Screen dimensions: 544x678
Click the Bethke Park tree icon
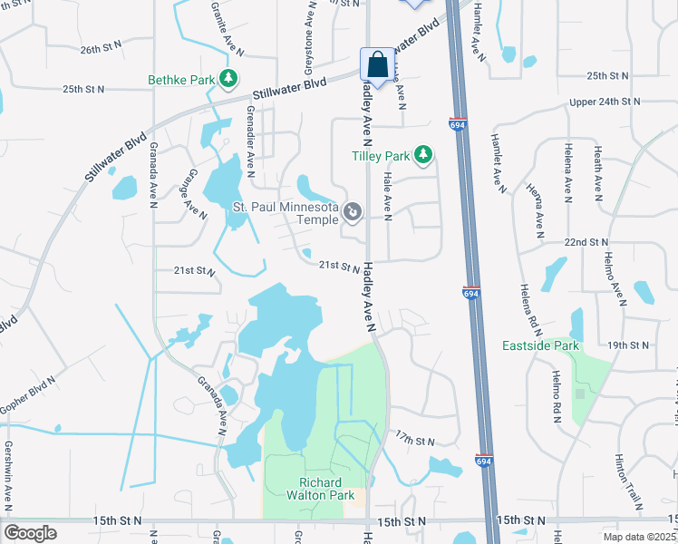click(x=229, y=80)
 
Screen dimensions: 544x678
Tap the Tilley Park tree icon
click(x=422, y=155)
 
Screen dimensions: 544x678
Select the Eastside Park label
click(x=540, y=345)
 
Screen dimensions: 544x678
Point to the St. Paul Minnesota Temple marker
click(x=354, y=213)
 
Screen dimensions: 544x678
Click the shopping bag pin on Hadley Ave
click(x=377, y=65)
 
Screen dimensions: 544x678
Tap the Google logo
click(x=31, y=532)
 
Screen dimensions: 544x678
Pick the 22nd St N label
click(x=585, y=243)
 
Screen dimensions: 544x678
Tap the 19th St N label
click(x=628, y=345)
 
